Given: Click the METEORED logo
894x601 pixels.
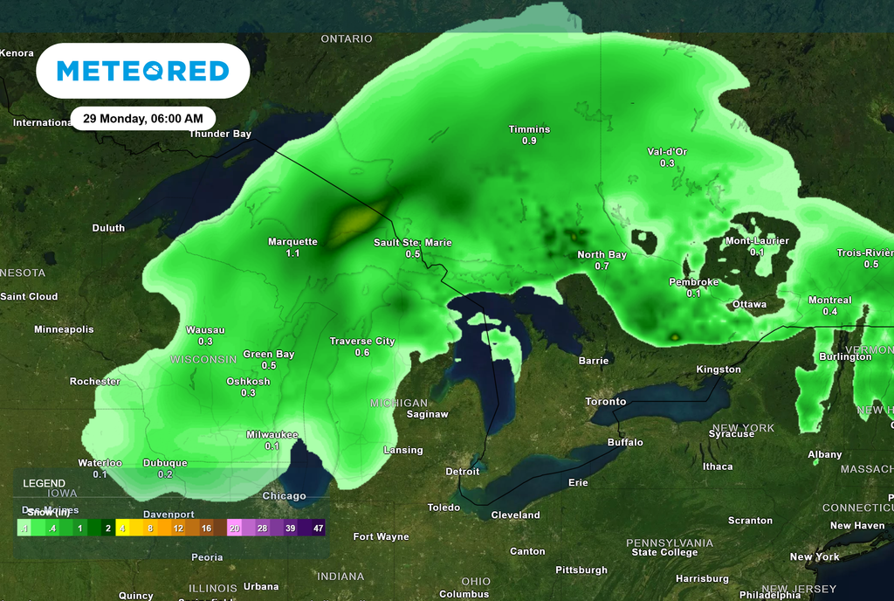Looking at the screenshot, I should tap(142, 71).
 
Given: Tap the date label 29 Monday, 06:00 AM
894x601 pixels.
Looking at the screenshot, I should tap(143, 118).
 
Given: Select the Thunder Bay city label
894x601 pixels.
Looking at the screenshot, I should tap(220, 134).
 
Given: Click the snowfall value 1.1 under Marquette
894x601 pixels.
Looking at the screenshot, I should tap(292, 253).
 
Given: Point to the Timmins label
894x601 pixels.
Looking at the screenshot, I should tap(529, 129).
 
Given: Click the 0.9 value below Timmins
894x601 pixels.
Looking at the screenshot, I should tap(529, 141).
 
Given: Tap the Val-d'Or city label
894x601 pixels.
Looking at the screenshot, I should tap(667, 151).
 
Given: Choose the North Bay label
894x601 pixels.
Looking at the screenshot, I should tap(602, 255).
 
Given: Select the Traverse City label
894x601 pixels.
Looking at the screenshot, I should tap(361, 342).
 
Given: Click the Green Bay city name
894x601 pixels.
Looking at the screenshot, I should tap(268, 354).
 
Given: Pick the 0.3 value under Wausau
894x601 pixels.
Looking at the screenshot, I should tap(206, 342).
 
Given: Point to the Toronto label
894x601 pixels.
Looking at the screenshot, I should tap(605, 402).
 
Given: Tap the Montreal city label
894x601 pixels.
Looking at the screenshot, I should tap(829, 300).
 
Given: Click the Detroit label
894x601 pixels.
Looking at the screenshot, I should tap(463, 472).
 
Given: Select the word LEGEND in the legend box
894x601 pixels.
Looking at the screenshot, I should tap(44, 483).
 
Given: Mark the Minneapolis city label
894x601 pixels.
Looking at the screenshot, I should tap(64, 329).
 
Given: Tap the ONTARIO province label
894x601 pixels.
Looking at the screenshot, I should tap(347, 38).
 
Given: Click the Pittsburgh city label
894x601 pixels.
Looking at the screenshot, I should tap(581, 570).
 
